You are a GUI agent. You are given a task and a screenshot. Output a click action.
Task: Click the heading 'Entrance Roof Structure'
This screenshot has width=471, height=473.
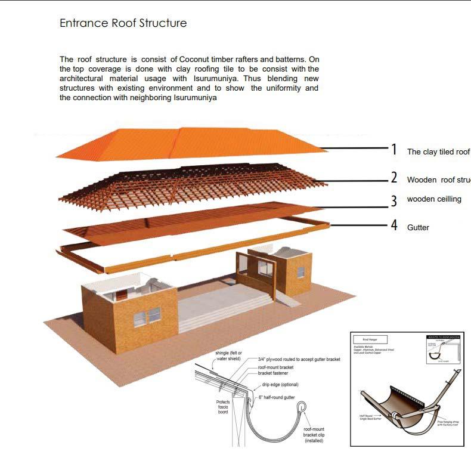pos(123,23)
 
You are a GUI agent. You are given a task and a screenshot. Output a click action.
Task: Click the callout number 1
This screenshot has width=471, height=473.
pos(393,150)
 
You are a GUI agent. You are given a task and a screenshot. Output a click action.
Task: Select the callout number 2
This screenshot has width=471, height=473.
pos(393,178)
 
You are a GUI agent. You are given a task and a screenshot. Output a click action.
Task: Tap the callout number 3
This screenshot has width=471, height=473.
pos(393,201)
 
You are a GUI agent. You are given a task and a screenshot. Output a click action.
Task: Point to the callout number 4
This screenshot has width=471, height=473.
pos(393,226)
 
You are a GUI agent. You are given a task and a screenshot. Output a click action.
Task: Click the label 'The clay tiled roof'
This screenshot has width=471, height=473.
pos(438,152)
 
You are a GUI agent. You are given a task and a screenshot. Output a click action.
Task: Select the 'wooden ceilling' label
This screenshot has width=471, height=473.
pos(434,199)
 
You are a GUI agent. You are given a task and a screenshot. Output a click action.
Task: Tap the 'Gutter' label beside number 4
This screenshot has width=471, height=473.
pos(418,228)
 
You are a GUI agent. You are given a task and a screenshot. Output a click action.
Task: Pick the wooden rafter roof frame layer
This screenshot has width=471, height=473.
pos(191,182)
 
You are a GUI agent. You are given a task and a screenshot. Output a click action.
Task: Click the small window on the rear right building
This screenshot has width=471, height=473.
pos(300,272)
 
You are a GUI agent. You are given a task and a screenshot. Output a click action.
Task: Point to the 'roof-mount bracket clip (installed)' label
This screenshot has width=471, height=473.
pos(314,435)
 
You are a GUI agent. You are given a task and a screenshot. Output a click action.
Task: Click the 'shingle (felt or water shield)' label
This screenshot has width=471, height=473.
pos(228,356)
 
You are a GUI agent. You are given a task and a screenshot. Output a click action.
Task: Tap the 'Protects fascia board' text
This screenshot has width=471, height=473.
pos(223,407)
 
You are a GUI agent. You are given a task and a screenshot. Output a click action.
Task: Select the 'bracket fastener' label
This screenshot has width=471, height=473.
pos(276,373)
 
